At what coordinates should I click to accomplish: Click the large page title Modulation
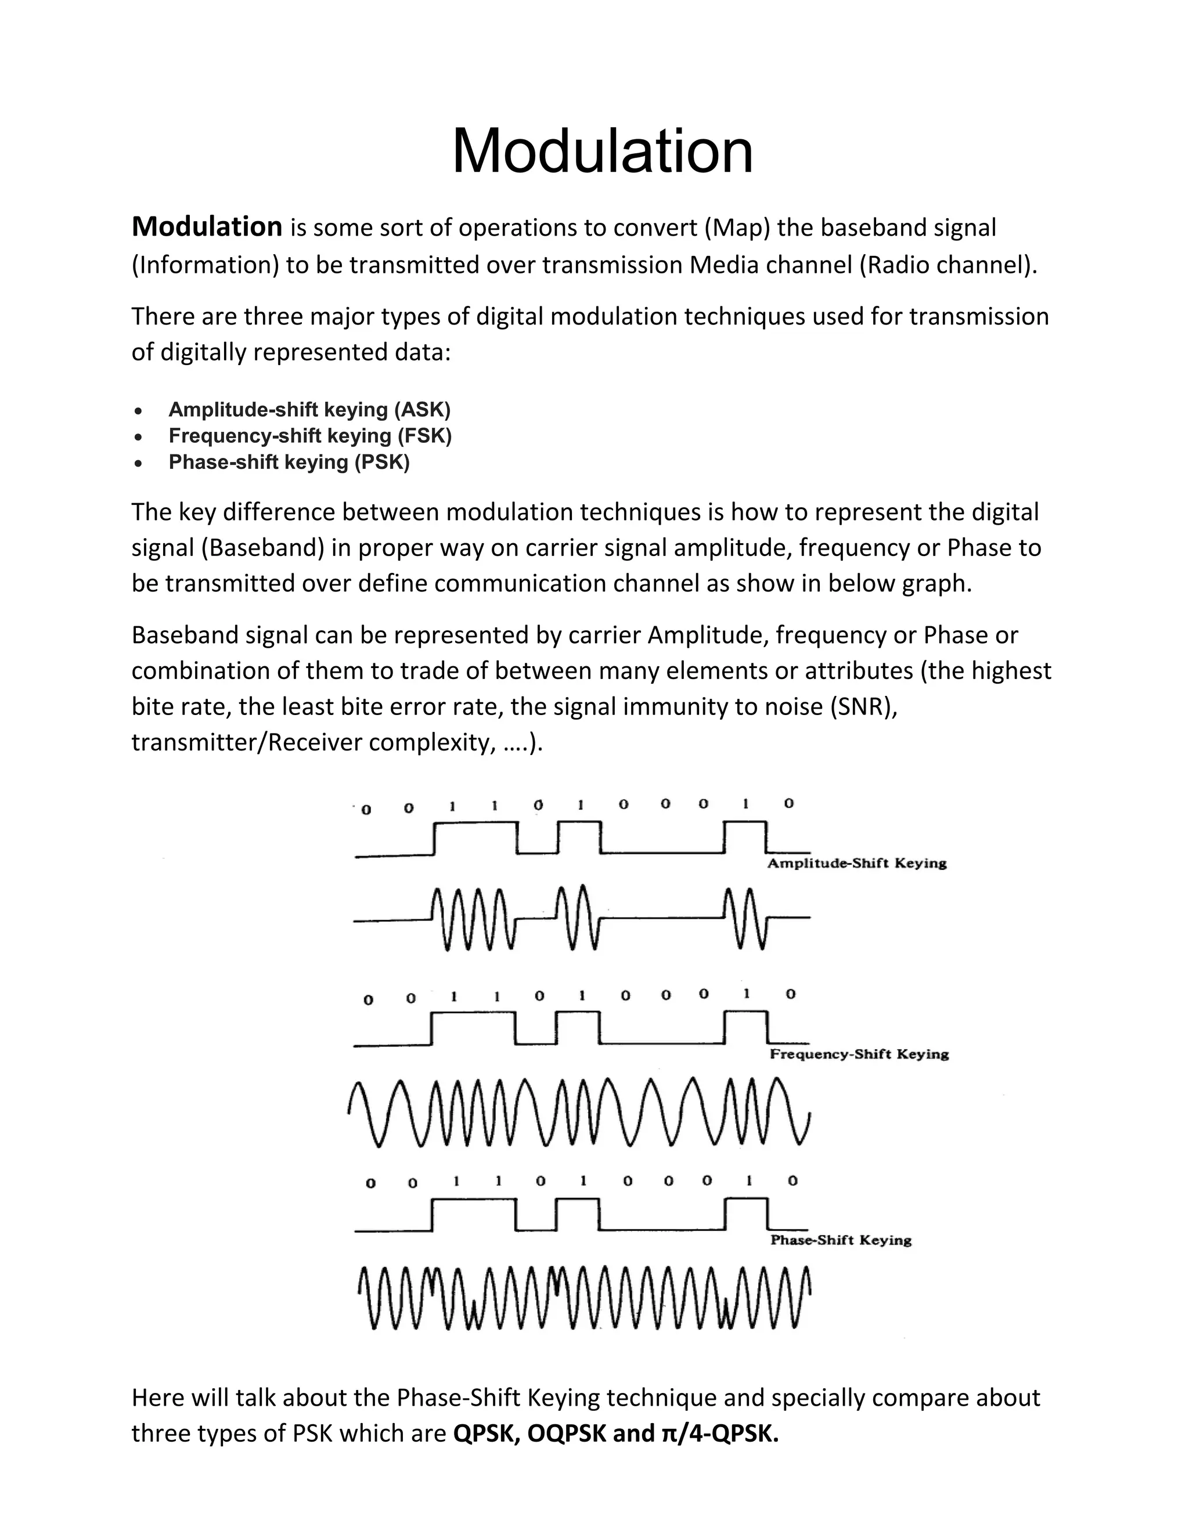602,151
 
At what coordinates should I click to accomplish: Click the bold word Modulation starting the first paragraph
207,227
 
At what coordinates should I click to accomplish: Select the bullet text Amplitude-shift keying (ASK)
309,409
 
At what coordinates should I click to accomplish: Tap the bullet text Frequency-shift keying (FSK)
310,436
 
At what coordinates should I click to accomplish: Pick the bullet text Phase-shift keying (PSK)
289,462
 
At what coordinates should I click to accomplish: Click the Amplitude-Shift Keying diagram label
856,864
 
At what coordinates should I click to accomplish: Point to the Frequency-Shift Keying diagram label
859,1054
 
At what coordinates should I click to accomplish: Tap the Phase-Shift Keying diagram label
841,1240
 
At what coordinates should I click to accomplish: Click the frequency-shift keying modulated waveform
579,1113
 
